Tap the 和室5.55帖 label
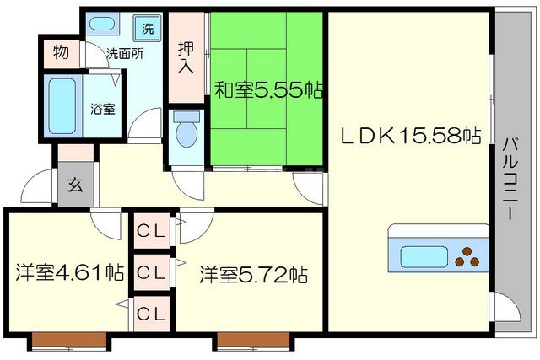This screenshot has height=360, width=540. (x=268, y=89)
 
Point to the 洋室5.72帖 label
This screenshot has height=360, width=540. (x=253, y=274)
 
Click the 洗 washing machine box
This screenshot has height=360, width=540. (x=148, y=26)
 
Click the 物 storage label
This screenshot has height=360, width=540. (x=61, y=53)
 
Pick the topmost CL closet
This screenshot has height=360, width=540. (x=150, y=228)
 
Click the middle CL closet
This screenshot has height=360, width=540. (x=150, y=272)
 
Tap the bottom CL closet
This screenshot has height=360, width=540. (x=150, y=314)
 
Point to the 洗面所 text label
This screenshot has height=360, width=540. (x=124, y=53)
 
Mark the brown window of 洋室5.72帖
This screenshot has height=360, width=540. (x=252, y=341)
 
